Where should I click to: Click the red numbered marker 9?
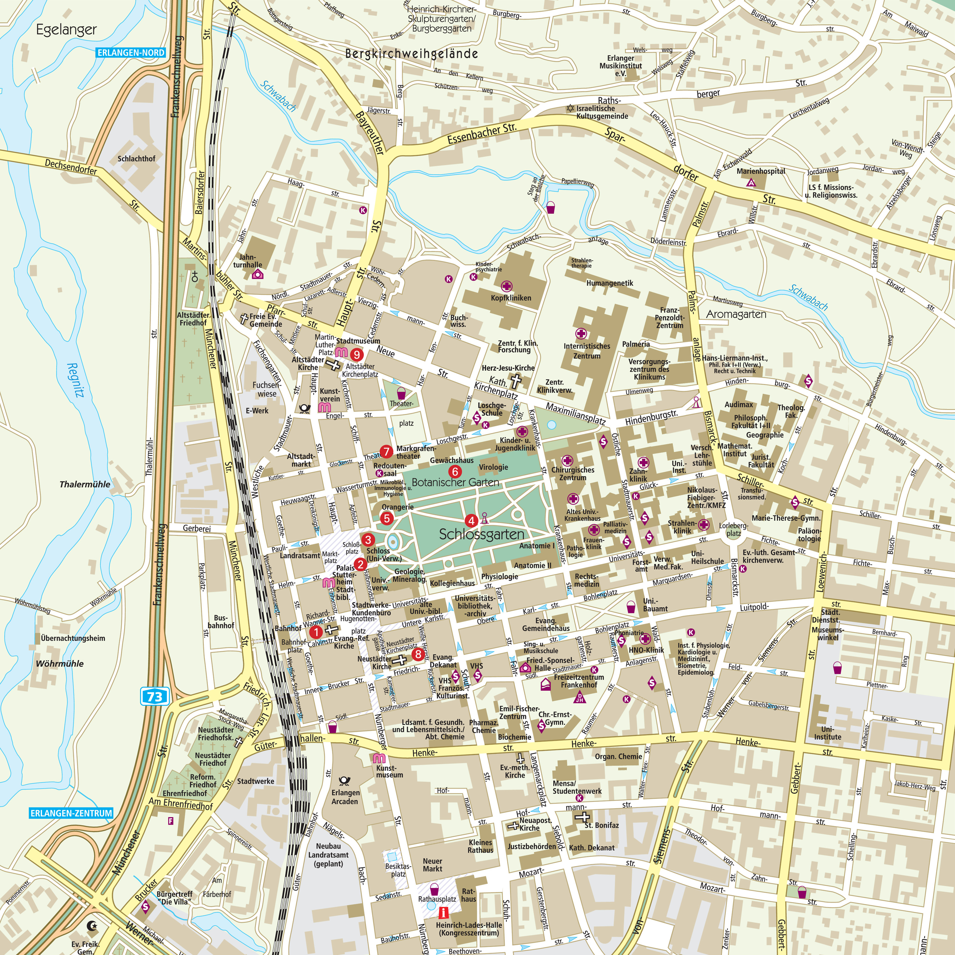click(357, 354)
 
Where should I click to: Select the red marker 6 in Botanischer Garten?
click(454, 471)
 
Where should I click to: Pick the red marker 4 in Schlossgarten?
click(471, 520)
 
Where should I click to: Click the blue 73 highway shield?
click(155, 697)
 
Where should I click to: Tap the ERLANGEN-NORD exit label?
click(131, 53)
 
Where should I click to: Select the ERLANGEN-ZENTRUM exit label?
click(71, 813)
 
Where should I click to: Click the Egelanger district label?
click(66, 30)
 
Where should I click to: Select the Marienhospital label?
click(761, 171)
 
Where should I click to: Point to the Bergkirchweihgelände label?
click(411, 53)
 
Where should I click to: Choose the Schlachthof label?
click(137, 159)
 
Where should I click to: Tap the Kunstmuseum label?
click(390, 772)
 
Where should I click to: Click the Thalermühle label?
click(85, 484)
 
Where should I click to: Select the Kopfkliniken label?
click(511, 298)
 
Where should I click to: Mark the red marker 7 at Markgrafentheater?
click(386, 451)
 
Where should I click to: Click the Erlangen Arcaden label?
click(345, 797)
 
